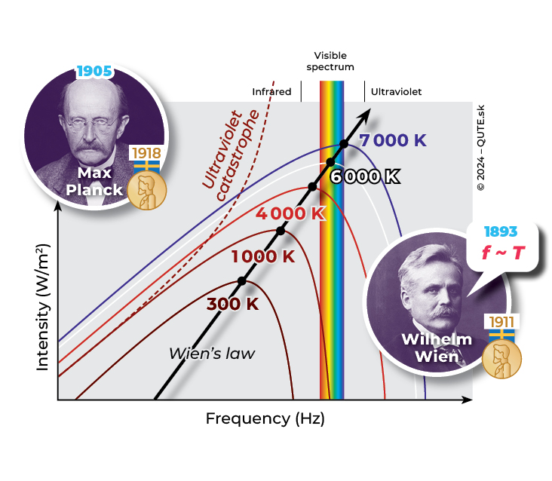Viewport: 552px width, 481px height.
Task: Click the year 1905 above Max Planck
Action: tap(94, 72)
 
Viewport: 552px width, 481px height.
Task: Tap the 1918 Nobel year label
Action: tap(146, 153)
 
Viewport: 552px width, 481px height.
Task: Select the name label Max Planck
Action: tap(94, 182)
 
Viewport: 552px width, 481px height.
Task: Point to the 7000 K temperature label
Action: tap(393, 141)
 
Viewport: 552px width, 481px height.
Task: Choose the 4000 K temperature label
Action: tap(290, 213)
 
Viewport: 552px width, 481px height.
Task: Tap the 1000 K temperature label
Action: tap(263, 256)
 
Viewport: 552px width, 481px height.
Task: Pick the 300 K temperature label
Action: tap(233, 305)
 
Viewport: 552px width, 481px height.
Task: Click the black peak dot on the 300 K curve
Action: tap(242, 280)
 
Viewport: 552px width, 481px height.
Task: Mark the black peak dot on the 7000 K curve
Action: tap(344, 143)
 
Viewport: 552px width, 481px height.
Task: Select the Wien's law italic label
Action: tap(212, 353)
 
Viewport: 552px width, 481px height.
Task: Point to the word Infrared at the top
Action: tap(271, 92)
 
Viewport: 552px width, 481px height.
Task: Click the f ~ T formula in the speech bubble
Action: tap(504, 253)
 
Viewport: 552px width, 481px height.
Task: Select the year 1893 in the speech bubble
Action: tap(501, 231)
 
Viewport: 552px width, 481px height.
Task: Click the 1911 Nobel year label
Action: tap(501, 322)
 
